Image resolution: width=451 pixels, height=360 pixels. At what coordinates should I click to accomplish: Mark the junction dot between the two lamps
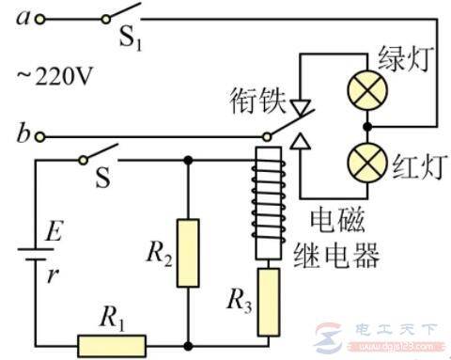coord(366,126)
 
